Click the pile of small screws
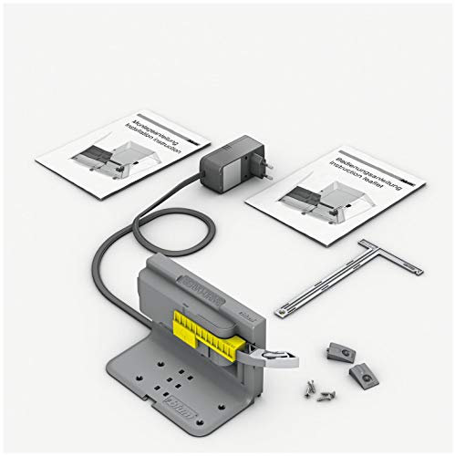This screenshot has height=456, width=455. click(318, 389)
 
